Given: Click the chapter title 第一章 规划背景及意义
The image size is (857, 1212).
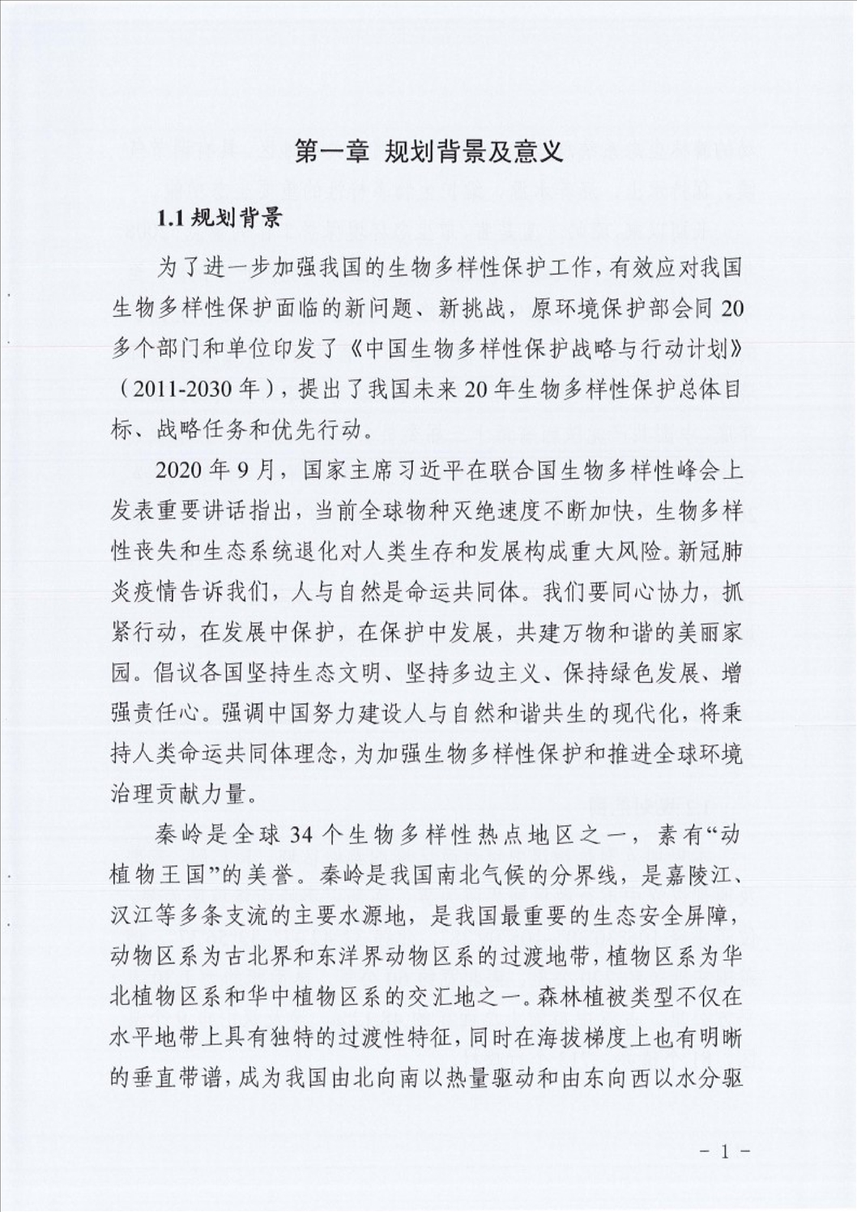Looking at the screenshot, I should (428, 151).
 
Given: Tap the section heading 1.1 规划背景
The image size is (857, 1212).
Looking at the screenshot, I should (218, 218).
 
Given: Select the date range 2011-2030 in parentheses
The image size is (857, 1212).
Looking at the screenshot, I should (183, 389).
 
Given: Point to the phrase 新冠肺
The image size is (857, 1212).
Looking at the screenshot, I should (712, 551).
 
